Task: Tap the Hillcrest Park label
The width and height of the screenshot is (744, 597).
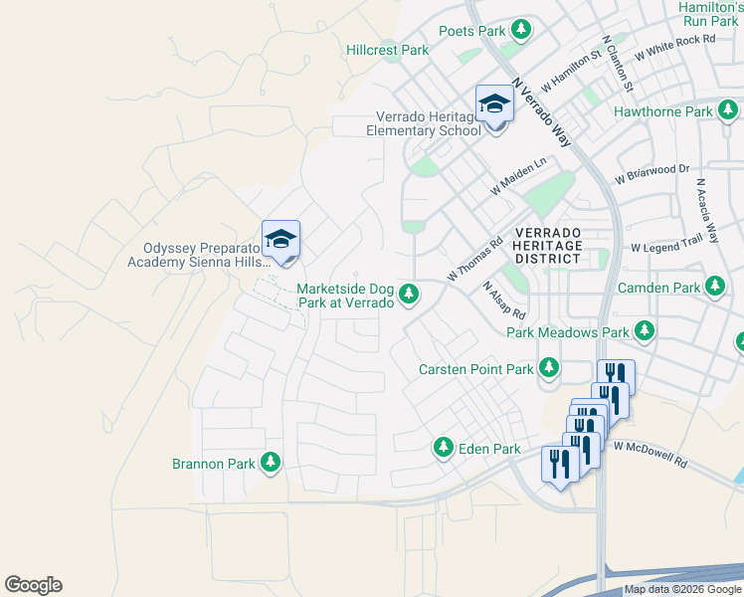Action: click(x=387, y=50)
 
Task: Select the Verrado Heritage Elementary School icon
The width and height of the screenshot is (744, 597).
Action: click(x=494, y=104)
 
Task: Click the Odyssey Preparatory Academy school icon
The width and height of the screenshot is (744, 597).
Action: click(x=280, y=239)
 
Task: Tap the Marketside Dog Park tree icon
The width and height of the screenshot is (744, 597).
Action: click(x=409, y=294)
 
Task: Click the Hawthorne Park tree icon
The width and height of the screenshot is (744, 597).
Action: click(x=728, y=111)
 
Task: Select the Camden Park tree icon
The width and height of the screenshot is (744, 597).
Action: click(x=714, y=288)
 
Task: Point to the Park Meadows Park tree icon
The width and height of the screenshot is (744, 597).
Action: click(x=646, y=330)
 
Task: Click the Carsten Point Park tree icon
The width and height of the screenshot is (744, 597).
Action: click(x=548, y=368)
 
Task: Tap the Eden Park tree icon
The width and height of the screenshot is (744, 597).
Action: click(x=444, y=449)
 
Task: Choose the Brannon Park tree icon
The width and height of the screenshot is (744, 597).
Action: click(x=270, y=463)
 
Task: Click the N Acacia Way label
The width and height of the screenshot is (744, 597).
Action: click(x=707, y=211)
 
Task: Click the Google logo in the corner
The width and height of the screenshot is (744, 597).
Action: click(x=33, y=585)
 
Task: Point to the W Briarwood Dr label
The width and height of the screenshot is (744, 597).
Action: click(x=652, y=174)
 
